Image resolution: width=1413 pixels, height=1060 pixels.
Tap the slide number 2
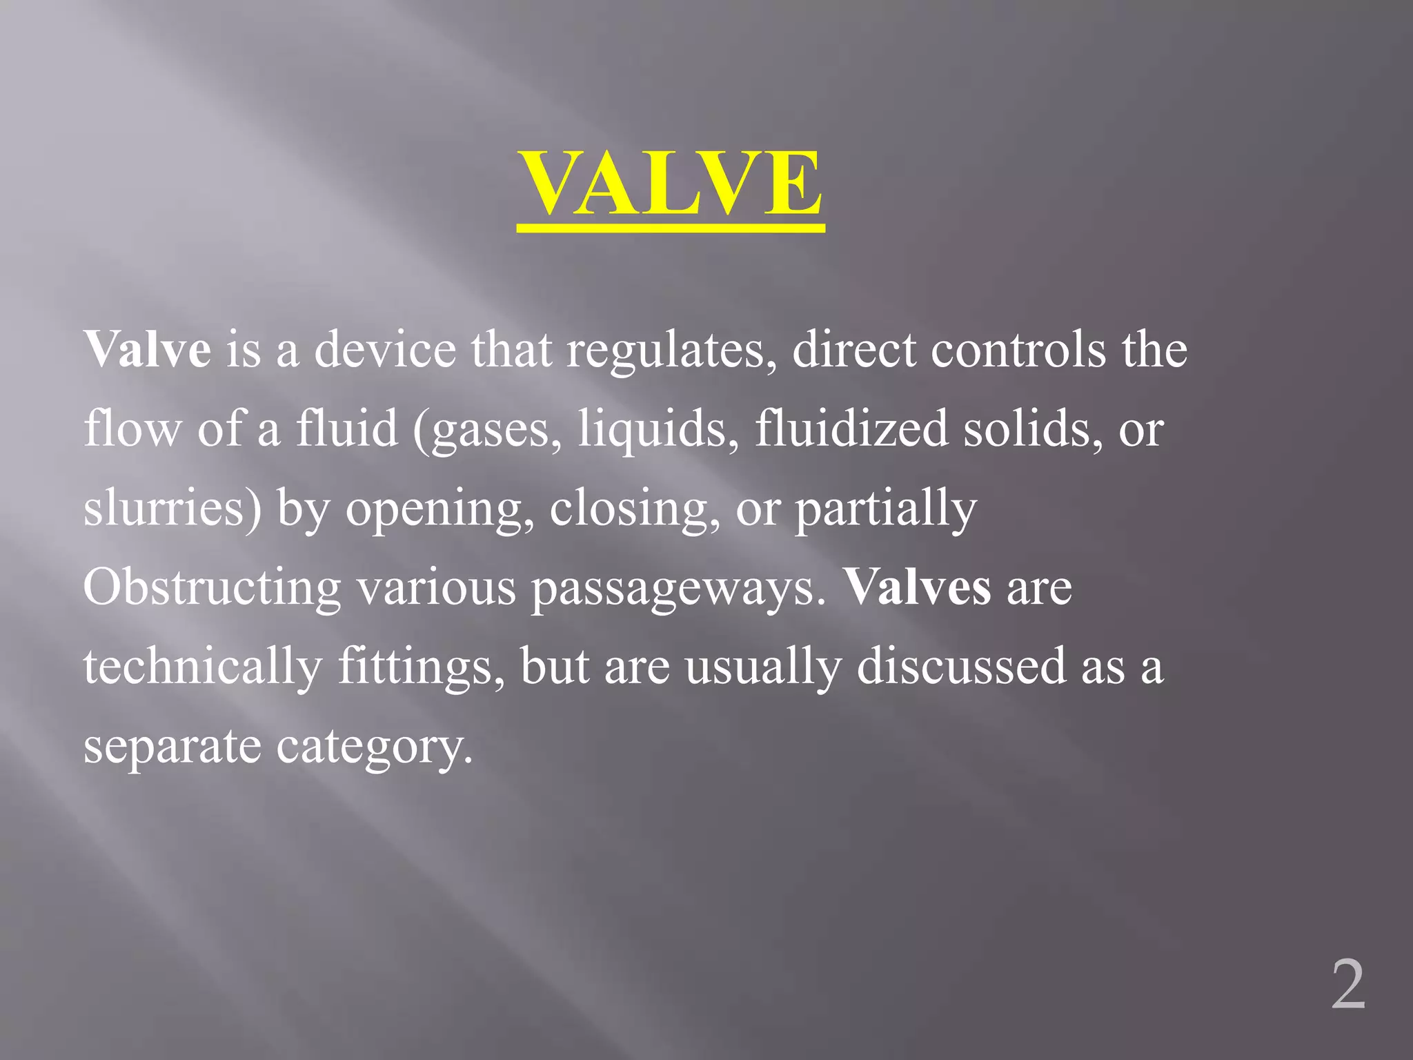pos(1348,985)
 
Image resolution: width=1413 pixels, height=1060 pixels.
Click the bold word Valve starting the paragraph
pos(147,349)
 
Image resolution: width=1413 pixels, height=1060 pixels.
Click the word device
pos(385,349)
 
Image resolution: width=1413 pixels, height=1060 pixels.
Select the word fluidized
pos(851,428)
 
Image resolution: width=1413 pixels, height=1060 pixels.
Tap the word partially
pos(886,509)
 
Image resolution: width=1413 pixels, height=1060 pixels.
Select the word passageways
pos(678,589)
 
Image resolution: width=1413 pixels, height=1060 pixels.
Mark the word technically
pos(203,667)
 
